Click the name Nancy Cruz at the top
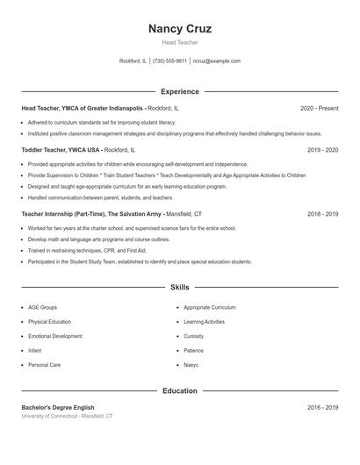180,29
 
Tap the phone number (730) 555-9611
169,61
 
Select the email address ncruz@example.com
216,61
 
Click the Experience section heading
180,91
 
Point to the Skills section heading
180,287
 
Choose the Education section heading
180,391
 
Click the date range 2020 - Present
319,108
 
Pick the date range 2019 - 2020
322,150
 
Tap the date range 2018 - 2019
322,213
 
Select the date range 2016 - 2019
322,407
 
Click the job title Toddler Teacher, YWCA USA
61,150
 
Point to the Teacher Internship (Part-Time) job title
79,213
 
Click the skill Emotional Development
55,336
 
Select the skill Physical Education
50,322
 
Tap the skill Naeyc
191,364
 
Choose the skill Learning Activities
205,322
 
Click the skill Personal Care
45,364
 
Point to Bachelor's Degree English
58,407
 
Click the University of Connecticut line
68,416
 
